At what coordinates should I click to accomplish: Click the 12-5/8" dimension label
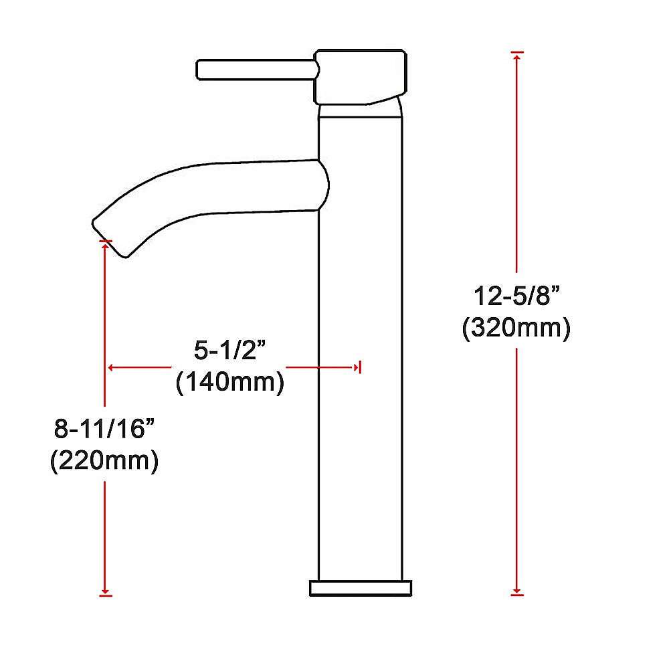[516, 295]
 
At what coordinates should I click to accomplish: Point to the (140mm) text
[229, 383]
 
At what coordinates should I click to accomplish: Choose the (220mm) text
[104, 462]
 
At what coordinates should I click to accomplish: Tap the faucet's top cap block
[361, 76]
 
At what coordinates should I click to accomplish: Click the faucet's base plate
[361, 588]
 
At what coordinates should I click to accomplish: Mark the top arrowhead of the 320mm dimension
[516, 56]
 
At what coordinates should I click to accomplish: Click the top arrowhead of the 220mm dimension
[105, 244]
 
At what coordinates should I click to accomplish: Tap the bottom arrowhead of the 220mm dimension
[105, 590]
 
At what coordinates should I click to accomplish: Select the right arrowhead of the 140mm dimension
[355, 367]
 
